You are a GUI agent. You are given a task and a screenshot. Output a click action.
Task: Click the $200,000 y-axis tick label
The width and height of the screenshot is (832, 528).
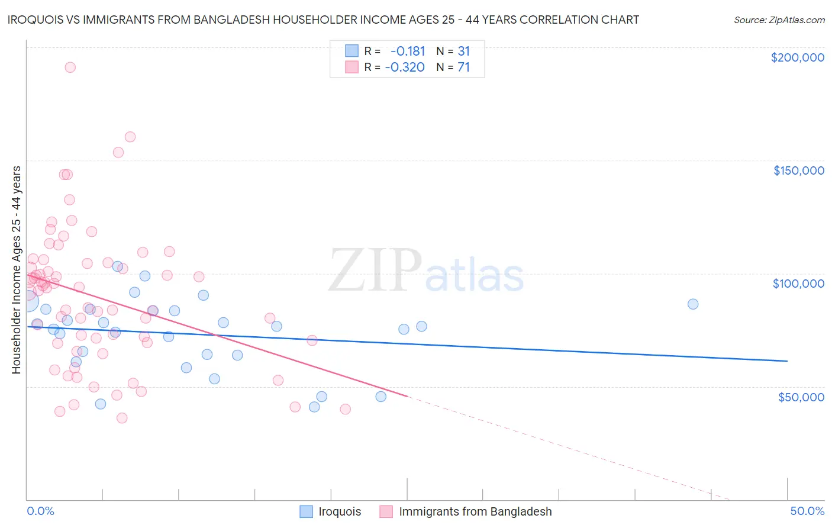tap(797, 57)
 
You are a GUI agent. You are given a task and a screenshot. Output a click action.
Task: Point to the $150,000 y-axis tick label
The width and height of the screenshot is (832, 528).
tap(798, 170)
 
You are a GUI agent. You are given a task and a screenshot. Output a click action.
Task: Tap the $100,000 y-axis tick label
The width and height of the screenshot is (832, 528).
tap(798, 284)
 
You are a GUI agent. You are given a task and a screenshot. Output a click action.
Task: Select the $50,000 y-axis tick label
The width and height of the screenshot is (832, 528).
tap(801, 397)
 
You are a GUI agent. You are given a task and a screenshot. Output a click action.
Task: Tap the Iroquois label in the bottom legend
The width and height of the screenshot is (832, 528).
tap(340, 511)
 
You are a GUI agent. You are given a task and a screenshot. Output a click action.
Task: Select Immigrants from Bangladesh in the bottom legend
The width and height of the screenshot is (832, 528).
tap(475, 511)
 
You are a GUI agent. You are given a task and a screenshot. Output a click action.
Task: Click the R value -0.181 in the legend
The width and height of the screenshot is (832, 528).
tap(407, 51)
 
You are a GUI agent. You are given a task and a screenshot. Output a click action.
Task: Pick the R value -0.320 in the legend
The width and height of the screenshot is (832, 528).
tap(405, 67)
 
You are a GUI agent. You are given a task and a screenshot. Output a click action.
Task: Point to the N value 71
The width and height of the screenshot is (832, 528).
tap(463, 67)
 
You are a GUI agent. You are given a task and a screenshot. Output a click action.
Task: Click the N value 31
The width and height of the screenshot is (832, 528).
tap(463, 51)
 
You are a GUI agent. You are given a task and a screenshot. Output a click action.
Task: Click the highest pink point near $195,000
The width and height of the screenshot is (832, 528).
tap(70, 67)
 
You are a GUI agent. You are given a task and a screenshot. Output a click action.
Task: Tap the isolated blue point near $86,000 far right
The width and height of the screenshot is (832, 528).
tap(693, 304)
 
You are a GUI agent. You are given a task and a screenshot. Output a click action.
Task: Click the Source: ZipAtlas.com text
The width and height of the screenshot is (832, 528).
tap(779, 20)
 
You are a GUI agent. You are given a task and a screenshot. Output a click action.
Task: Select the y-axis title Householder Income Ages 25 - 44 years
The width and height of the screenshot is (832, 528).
tap(16, 269)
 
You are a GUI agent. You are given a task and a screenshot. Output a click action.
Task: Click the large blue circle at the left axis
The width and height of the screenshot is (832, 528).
tap(27, 301)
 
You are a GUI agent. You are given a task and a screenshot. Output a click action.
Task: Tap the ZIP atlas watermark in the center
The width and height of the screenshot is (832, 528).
tap(426, 271)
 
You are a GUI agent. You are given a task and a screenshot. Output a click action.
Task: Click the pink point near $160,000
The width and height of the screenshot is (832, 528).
tap(130, 137)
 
